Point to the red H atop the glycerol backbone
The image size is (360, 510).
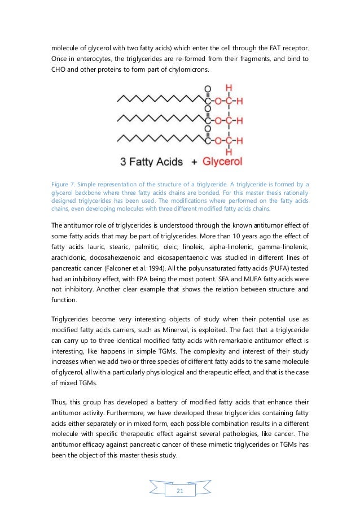click(x=229, y=88)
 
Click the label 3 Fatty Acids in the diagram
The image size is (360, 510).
click(x=152, y=162)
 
